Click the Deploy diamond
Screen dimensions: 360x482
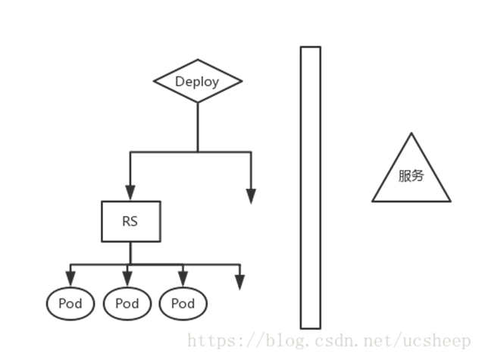[198, 82]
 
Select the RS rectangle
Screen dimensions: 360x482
[130, 221]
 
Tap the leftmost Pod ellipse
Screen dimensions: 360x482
[70, 304]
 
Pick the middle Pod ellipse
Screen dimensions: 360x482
[127, 304]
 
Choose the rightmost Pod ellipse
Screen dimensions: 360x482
[183, 304]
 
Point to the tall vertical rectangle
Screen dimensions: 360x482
[310, 186]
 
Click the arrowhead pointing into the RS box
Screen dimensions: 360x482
[130, 194]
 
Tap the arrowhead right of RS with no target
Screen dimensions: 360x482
[251, 196]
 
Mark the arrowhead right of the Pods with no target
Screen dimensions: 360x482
[239, 282]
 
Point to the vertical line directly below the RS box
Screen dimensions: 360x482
[130, 252]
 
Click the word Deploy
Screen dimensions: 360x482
[197, 82]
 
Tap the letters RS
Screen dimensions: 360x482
[130, 222]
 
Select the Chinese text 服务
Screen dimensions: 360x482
[412, 176]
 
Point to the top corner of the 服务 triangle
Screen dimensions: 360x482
[412, 134]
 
